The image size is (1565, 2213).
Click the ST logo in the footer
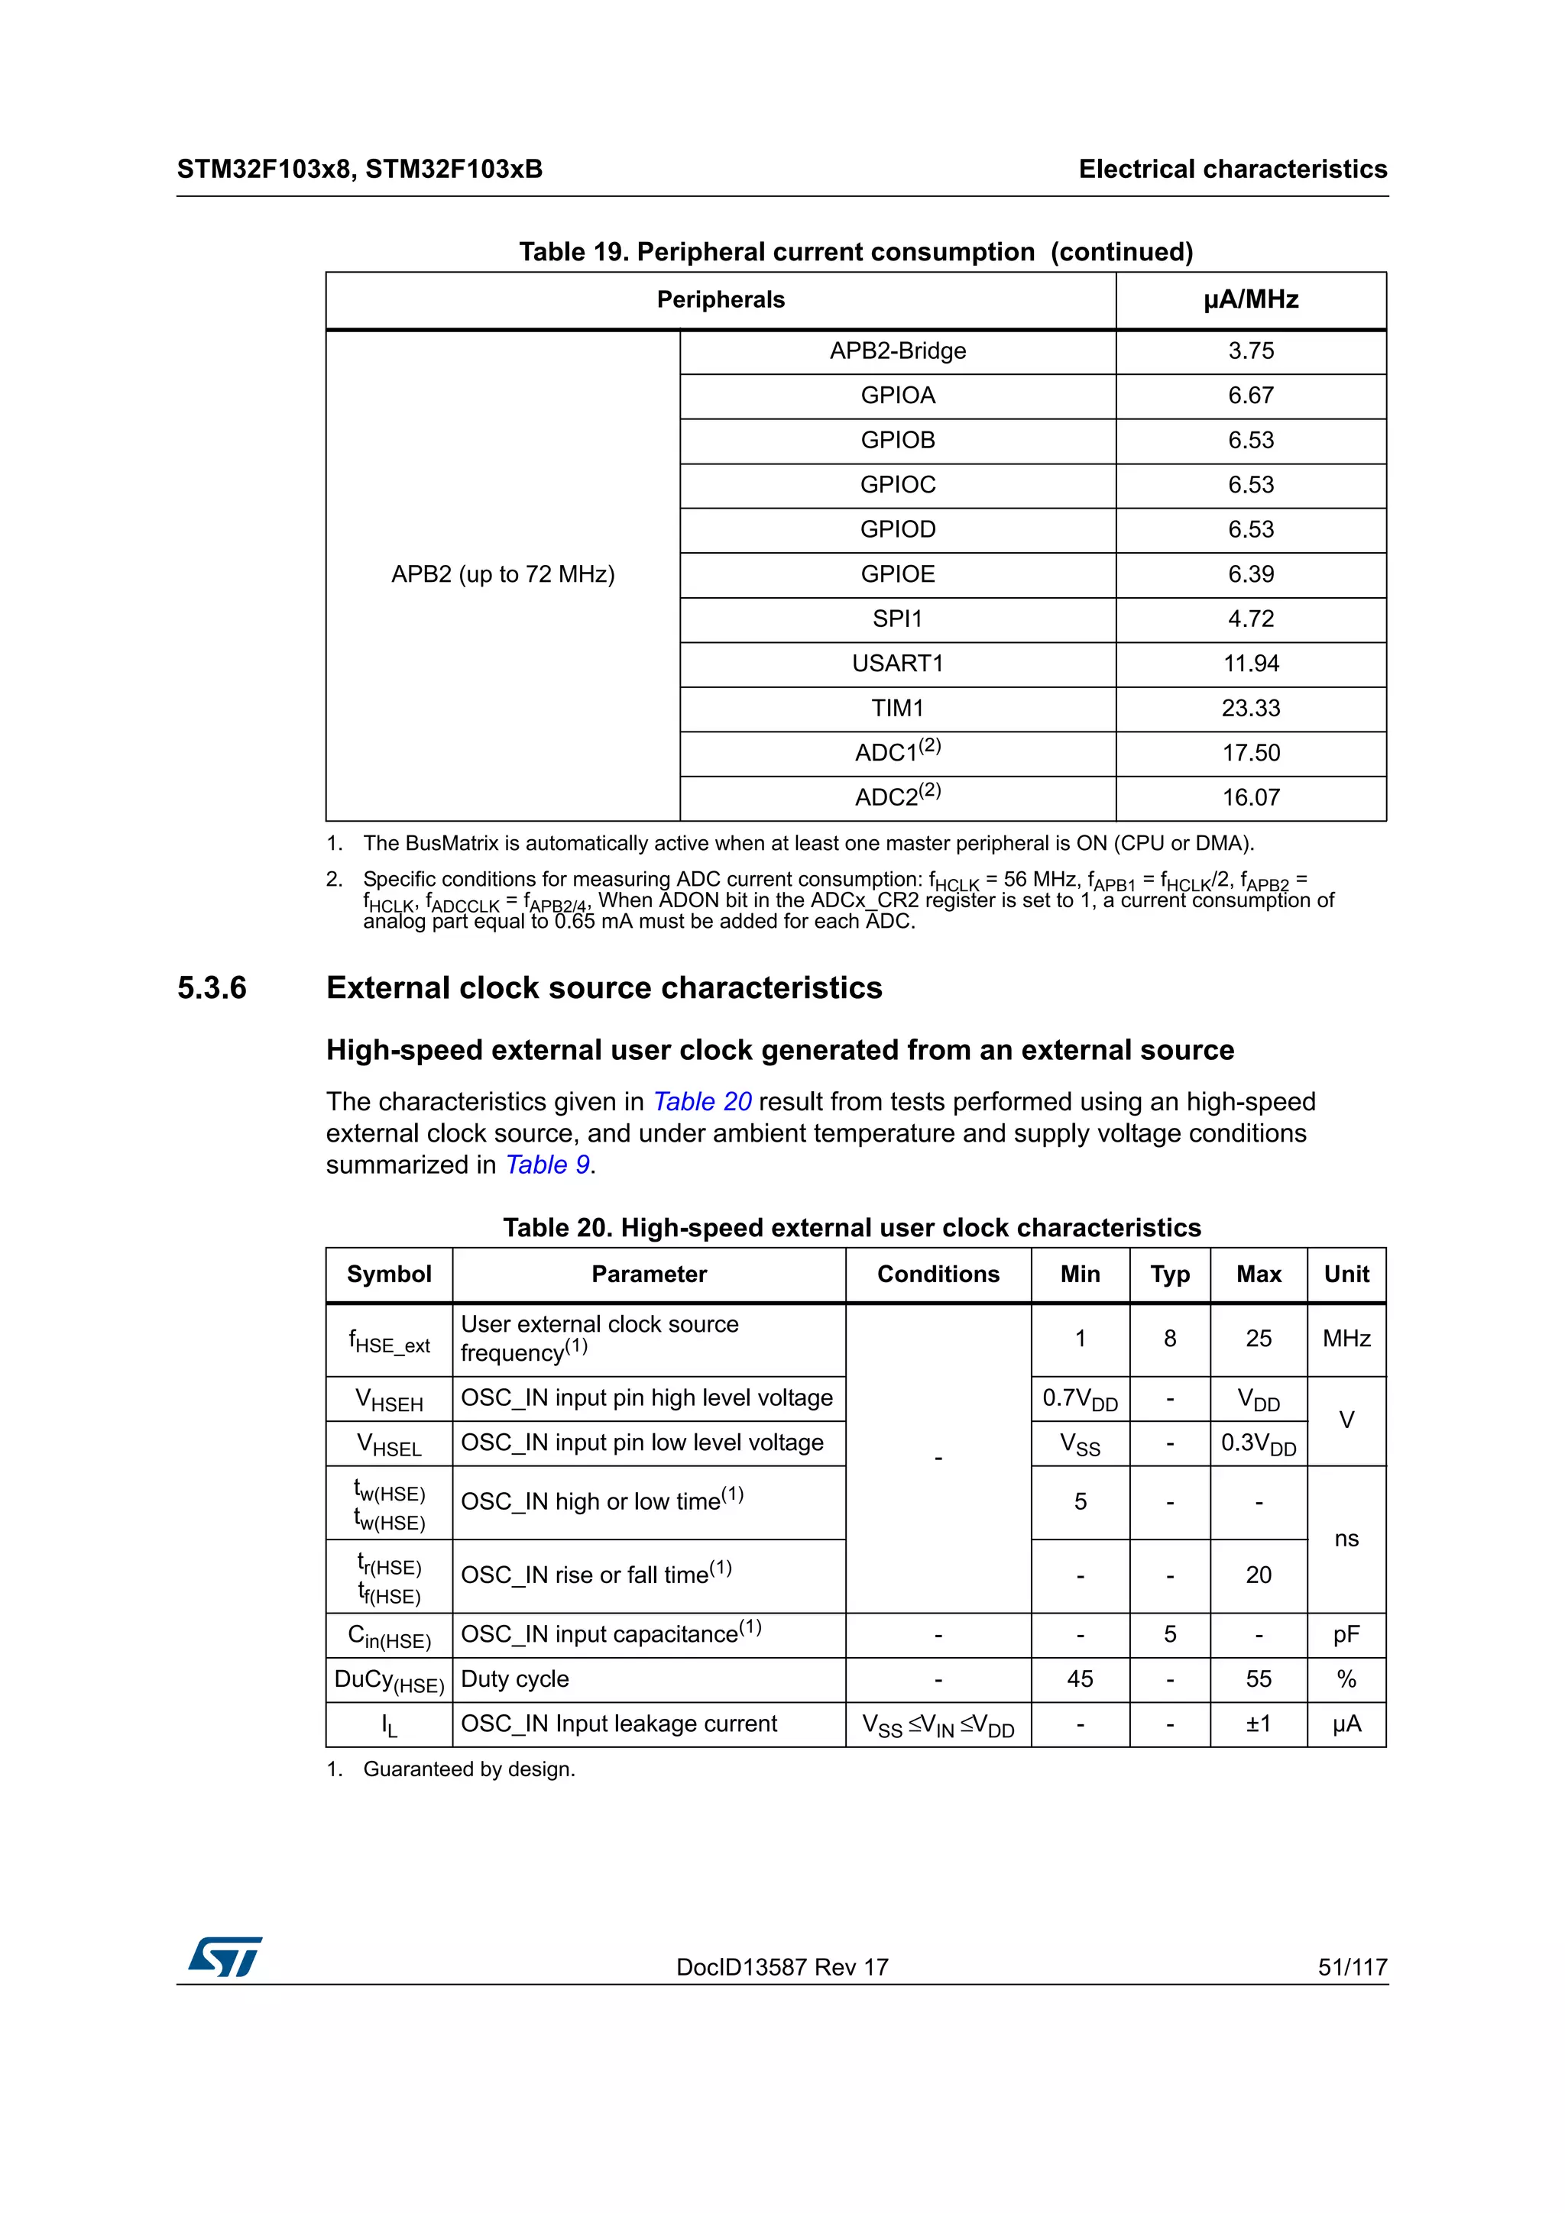point(225,1958)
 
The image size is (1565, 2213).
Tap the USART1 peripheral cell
point(897,664)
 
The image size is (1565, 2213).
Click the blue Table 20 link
point(702,1102)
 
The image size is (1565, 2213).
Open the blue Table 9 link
point(548,1165)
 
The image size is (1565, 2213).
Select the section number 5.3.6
point(212,988)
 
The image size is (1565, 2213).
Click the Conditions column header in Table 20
point(938,1274)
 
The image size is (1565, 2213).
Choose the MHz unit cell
point(1346,1339)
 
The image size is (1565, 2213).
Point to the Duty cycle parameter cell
point(515,1680)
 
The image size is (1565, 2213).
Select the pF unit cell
point(1346,1635)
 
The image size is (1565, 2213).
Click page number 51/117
point(1352,1967)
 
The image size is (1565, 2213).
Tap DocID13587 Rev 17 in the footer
point(782,1967)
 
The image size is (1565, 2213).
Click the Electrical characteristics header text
point(1233,170)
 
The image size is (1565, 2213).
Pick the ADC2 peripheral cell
point(897,797)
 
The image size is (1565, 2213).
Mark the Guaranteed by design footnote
point(468,1769)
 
